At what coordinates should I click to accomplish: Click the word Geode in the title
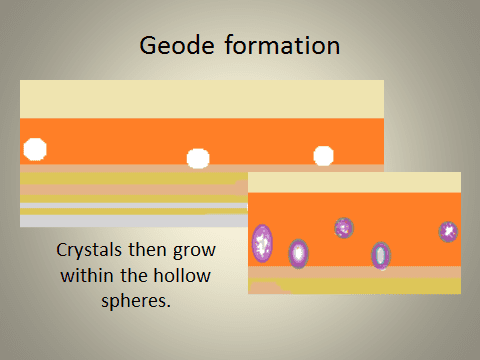coord(176,47)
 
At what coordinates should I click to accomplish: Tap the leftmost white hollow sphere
coord(35,150)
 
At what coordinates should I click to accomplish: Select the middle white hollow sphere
coord(198,158)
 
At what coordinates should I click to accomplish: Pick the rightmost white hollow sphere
coord(323,156)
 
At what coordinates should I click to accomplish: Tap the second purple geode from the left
coord(298,253)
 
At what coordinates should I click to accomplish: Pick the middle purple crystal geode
coord(343,228)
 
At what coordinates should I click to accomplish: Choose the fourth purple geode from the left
coord(381,256)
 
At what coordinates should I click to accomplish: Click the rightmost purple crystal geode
coord(448,232)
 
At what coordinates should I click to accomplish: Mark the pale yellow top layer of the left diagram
coord(200,98)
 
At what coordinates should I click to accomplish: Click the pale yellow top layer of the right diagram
coord(354,181)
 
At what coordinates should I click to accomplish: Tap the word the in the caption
coord(144,273)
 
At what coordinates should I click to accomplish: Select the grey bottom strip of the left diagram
coord(130,221)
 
